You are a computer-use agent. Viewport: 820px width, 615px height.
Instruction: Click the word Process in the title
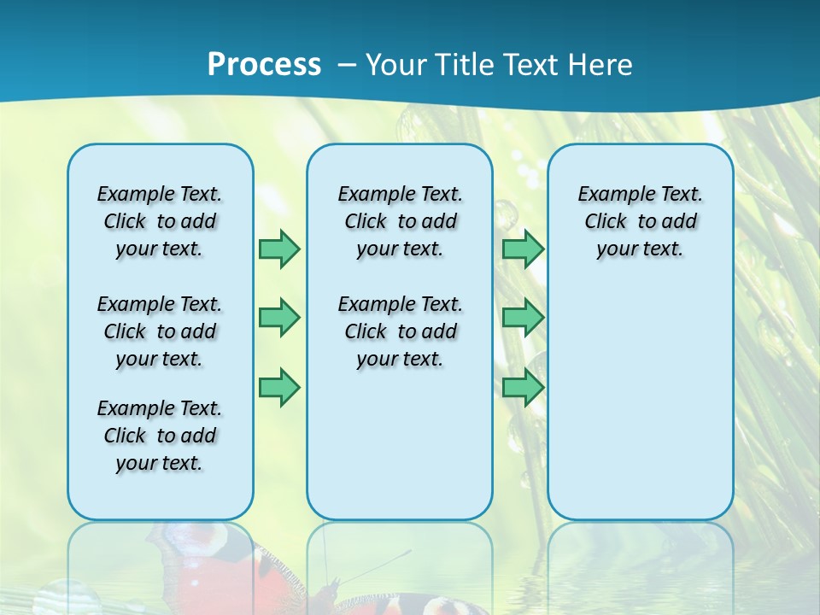(x=264, y=65)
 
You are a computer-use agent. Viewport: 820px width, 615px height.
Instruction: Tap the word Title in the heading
(x=466, y=65)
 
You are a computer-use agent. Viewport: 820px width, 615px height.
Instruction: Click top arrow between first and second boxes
(x=279, y=249)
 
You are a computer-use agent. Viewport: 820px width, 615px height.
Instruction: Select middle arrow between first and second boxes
(x=279, y=318)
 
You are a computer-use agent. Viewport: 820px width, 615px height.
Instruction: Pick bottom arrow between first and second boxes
(x=279, y=387)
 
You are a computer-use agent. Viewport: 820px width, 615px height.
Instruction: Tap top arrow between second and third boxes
(x=523, y=249)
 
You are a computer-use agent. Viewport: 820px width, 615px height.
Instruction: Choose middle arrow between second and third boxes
(x=523, y=318)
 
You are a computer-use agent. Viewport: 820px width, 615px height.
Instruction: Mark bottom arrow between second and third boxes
(x=523, y=387)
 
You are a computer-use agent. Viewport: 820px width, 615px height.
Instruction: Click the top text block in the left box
(x=160, y=221)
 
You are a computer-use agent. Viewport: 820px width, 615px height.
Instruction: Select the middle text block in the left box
(x=160, y=331)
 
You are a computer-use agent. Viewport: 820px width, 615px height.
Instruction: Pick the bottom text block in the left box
(x=160, y=436)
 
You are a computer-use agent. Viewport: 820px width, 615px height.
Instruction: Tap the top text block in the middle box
(x=400, y=221)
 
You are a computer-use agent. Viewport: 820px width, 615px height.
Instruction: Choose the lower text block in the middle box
(x=400, y=331)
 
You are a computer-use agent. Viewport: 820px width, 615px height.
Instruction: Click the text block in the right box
(x=641, y=221)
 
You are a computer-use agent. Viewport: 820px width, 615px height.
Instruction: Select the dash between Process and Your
(x=347, y=65)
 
